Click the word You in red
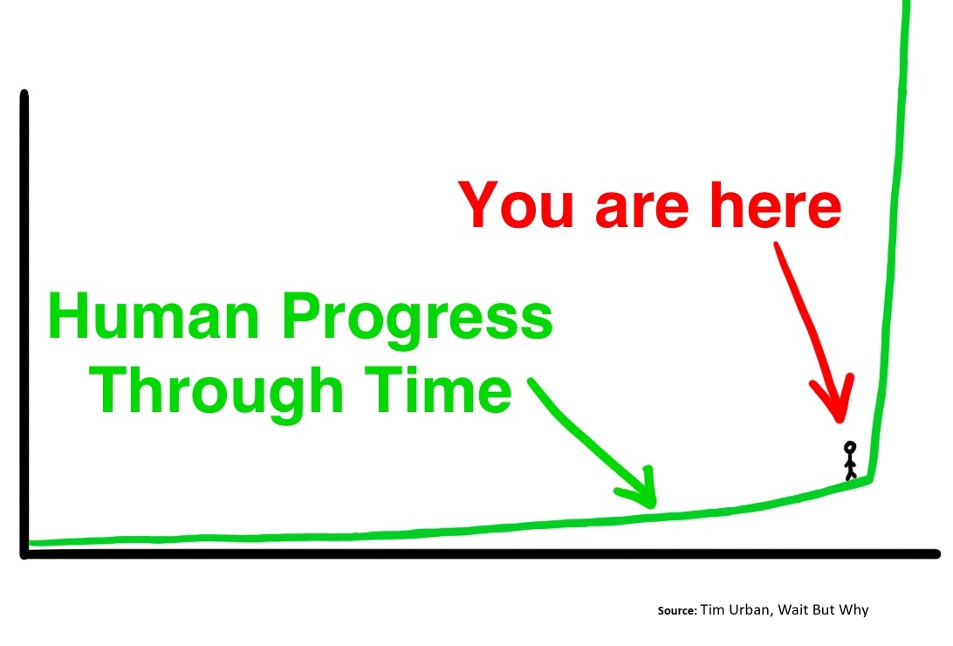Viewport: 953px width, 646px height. (516, 205)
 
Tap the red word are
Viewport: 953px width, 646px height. (641, 210)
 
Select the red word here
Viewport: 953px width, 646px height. (776, 205)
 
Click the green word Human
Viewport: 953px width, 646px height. (154, 315)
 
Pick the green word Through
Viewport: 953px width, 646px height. (216, 393)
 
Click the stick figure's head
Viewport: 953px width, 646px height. (850, 448)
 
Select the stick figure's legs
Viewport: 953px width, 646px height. (851, 472)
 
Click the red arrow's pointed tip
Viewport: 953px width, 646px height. (840, 421)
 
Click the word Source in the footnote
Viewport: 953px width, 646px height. (677, 611)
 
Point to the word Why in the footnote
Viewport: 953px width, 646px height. (854, 610)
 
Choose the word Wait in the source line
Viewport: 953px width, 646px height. (792, 609)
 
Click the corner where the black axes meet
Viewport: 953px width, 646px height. (24, 553)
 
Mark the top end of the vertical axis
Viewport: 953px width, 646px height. (24, 93)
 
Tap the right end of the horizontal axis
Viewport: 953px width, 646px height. (936, 553)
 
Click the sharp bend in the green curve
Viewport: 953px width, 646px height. (870, 479)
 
